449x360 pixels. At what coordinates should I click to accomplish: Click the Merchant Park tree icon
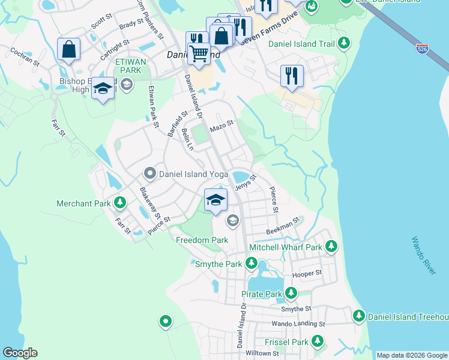point(121,203)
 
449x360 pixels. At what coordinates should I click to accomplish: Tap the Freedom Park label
point(202,240)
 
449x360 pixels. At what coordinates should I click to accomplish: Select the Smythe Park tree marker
point(252,263)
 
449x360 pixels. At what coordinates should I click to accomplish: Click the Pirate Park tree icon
point(291,293)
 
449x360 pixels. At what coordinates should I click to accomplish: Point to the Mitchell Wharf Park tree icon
point(331,247)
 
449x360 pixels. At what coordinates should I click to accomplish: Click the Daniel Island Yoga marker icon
point(150,174)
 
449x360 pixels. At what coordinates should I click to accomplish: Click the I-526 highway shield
point(423,49)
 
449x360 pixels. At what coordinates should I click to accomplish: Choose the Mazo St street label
point(221,128)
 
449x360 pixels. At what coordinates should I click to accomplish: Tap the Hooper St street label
point(307,274)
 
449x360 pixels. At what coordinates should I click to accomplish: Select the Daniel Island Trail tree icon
point(344,43)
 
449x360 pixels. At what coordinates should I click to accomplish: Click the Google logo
point(20,353)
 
